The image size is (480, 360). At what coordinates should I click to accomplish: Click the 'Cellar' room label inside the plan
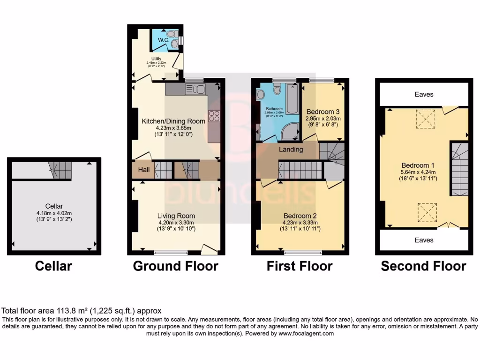click(x=54, y=206)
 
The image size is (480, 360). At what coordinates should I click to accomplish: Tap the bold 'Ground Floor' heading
click(x=175, y=266)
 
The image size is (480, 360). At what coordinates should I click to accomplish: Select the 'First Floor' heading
click(x=300, y=266)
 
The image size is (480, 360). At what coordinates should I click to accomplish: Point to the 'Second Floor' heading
click(x=423, y=266)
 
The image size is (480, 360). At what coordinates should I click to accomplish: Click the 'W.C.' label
click(x=163, y=40)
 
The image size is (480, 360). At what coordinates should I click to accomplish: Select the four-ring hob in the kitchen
click(x=214, y=116)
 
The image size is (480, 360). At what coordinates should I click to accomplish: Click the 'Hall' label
click(x=144, y=170)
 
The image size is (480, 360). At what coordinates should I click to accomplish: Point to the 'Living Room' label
click(x=176, y=216)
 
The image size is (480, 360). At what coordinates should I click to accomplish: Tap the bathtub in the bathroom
click(x=292, y=99)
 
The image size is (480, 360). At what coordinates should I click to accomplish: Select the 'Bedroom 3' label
click(x=323, y=112)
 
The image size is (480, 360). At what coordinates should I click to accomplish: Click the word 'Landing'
click(x=291, y=150)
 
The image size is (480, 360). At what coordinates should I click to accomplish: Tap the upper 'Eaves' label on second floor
click(x=424, y=94)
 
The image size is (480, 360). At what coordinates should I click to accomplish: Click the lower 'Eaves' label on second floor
click(x=424, y=240)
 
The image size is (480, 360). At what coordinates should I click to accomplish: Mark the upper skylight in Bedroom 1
click(x=425, y=119)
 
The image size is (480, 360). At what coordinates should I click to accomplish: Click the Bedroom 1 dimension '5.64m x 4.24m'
click(x=417, y=172)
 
